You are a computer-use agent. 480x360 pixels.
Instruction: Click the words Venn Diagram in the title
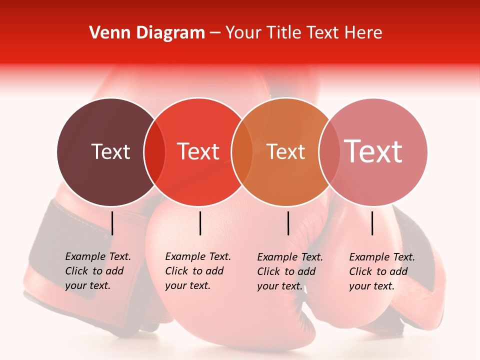click(x=147, y=33)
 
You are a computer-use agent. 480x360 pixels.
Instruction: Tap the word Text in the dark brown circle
click(x=110, y=151)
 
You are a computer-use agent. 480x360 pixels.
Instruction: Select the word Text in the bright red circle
click(x=198, y=151)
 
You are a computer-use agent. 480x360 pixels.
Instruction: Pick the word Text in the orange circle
click(x=285, y=151)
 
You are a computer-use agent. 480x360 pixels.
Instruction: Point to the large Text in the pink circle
click(x=373, y=151)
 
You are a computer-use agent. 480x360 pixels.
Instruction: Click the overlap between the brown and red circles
click(x=154, y=151)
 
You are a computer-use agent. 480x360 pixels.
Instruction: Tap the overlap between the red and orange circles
click(x=242, y=151)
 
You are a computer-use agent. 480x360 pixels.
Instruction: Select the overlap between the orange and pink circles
click(x=329, y=151)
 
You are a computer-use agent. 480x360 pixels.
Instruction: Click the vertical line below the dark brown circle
click(x=112, y=223)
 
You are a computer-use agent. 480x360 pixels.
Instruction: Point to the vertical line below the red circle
click(x=200, y=223)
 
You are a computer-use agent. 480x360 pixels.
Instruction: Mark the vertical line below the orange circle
click(x=288, y=223)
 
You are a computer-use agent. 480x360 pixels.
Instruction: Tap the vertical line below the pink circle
click(x=372, y=223)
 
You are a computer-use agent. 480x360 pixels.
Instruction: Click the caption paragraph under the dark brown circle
click(x=97, y=271)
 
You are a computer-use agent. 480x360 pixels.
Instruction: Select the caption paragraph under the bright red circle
click(x=197, y=271)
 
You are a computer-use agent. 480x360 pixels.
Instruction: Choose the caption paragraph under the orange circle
click(x=289, y=271)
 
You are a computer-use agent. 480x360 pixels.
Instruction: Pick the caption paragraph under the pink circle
click(x=381, y=271)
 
